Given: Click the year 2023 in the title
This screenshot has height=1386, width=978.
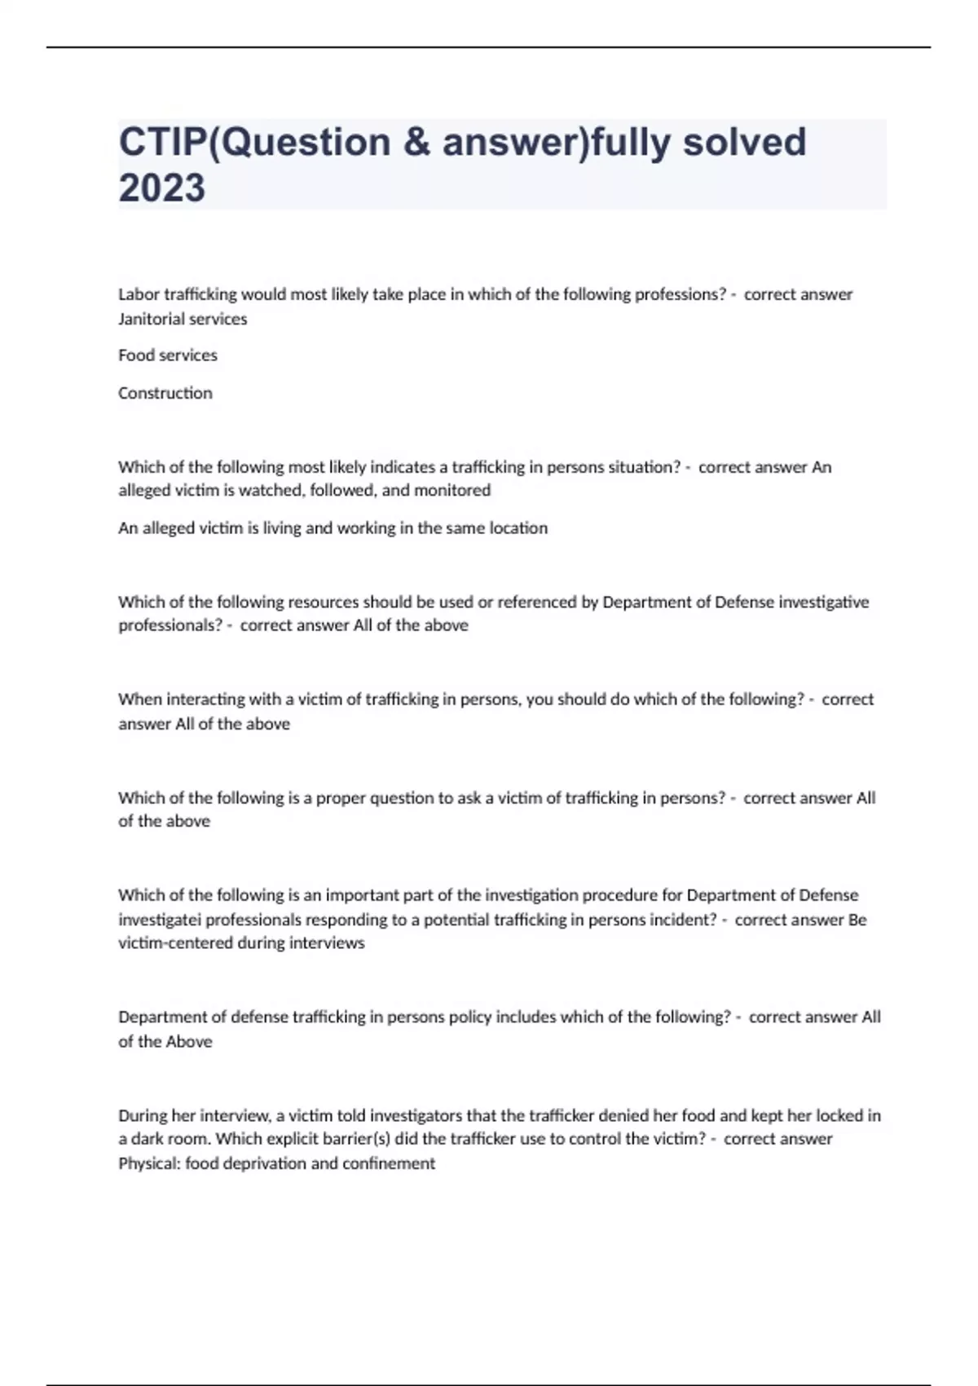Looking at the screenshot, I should tap(162, 188).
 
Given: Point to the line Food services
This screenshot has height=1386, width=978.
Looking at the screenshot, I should tap(168, 355).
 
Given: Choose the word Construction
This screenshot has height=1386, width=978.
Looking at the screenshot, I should tap(165, 393).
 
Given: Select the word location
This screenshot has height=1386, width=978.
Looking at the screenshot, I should tap(518, 527).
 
